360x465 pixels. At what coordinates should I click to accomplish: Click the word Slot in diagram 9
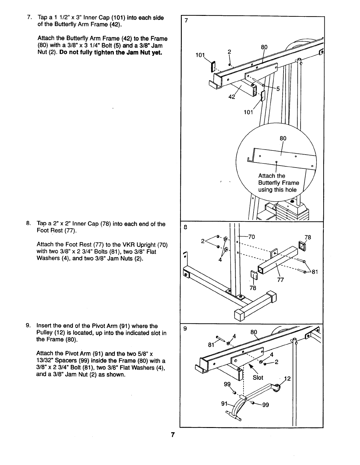point(258,377)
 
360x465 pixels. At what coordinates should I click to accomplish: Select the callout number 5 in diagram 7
point(278,89)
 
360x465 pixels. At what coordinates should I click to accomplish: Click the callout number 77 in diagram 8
point(280,280)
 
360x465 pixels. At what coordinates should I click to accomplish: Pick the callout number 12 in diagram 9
point(287,379)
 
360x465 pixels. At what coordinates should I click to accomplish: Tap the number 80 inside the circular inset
point(283,138)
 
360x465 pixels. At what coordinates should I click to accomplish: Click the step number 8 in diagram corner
point(185,227)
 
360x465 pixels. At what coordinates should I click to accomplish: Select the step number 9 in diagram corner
point(185,329)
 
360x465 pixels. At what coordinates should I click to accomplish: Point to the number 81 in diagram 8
point(315,272)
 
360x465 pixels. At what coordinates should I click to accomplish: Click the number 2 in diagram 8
point(203,241)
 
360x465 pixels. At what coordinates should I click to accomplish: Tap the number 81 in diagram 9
point(211,345)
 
